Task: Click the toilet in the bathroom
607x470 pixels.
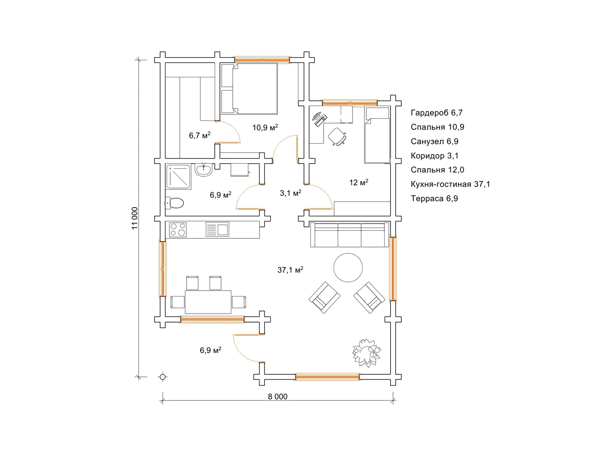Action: coord(174,203)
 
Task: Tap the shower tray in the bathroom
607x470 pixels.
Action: coord(178,177)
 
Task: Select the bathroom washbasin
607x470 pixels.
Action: coord(203,170)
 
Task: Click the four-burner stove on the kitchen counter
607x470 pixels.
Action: coord(178,229)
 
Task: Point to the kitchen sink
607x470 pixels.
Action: coord(217,229)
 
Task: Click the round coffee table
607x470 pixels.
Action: coord(348,267)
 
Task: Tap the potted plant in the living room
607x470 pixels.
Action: coord(367,352)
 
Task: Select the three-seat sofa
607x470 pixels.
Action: coord(349,235)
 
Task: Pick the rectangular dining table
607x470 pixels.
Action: coord(208,302)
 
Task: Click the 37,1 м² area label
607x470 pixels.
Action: coord(290,270)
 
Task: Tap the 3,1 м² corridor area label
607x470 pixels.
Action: coord(291,193)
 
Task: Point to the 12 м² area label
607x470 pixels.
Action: coord(359,182)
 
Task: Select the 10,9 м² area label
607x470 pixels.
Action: coord(265,127)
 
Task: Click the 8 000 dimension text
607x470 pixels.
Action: coord(277,397)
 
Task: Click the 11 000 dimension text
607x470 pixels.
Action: coord(134,218)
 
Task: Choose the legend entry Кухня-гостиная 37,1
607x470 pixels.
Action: coord(450,184)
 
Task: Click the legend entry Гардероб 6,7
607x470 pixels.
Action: coord(437,113)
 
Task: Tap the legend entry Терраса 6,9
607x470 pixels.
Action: coord(435,199)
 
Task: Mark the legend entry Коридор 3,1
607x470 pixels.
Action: coord(435,156)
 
